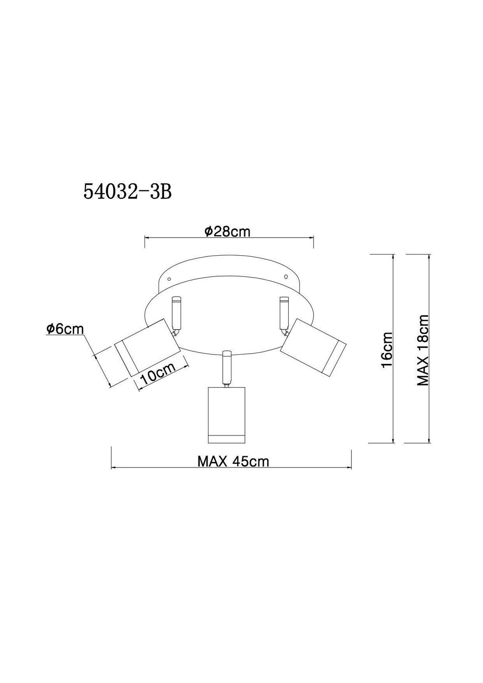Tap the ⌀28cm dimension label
(227, 232)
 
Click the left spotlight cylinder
(147, 347)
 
